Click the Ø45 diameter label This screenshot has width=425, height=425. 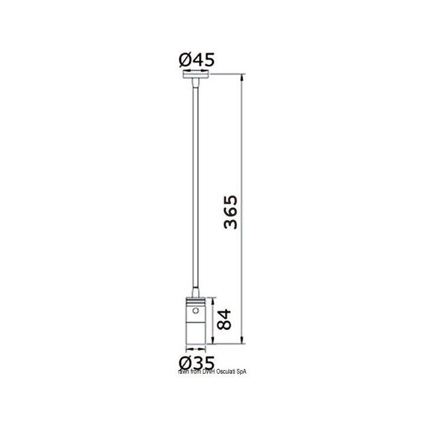tap(195, 59)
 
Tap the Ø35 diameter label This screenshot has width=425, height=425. tap(195, 361)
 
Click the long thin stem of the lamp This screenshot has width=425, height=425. tap(194, 189)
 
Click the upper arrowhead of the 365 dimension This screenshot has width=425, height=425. tap(243, 77)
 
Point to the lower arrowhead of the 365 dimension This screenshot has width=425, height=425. tap(243, 341)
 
